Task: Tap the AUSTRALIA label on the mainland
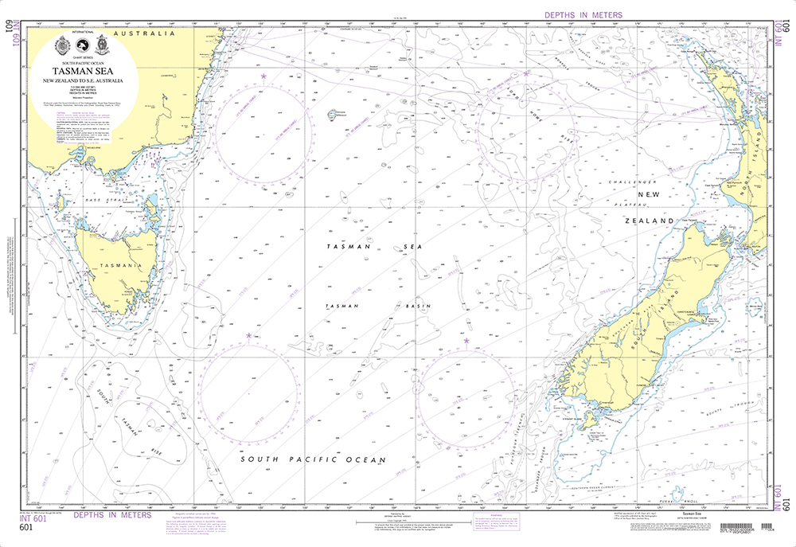(144, 34)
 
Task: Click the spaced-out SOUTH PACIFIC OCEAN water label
(302, 460)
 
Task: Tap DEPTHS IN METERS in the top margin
(583, 15)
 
